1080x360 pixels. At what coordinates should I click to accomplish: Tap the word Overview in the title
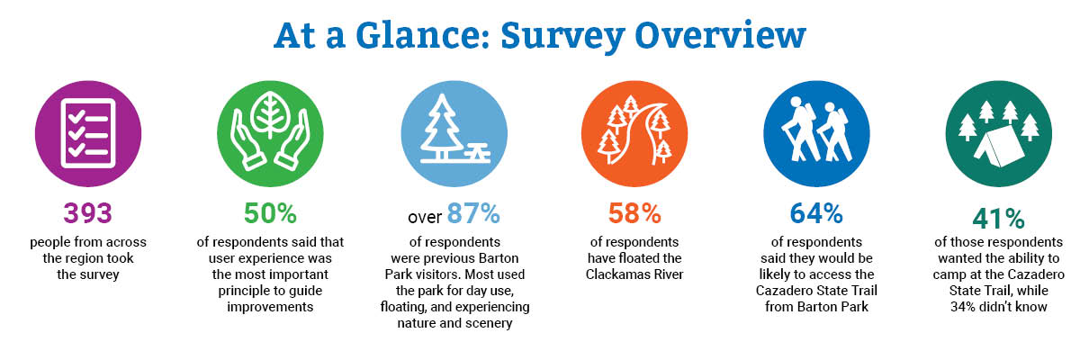(720, 35)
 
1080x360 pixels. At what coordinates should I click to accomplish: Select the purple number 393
(88, 213)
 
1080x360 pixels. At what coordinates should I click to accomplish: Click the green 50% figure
(270, 213)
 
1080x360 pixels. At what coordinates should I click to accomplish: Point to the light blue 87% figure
(473, 213)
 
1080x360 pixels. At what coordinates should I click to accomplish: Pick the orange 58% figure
(634, 213)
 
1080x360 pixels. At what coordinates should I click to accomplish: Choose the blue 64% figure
(816, 213)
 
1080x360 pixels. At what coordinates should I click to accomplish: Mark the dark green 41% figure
(998, 219)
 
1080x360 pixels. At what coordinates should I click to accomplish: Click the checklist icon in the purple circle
(88, 133)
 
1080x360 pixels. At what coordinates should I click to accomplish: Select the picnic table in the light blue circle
(477, 154)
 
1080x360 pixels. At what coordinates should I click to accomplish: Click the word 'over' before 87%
(424, 217)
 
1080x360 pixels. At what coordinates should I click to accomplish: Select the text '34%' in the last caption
(963, 307)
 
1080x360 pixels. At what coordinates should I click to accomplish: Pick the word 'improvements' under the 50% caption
(270, 307)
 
